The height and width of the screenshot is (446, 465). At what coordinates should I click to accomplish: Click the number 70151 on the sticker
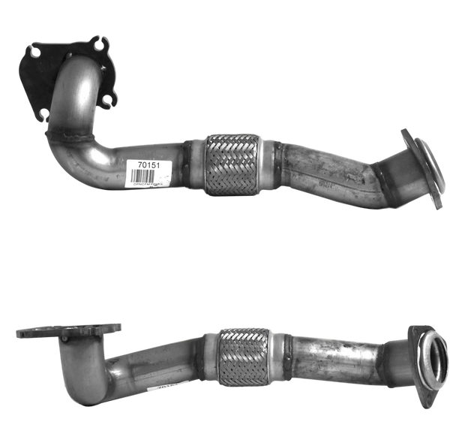tap(148, 165)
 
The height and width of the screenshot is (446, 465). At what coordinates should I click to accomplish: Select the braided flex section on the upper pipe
tap(232, 165)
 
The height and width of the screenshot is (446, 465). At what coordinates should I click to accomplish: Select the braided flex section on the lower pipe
tap(242, 357)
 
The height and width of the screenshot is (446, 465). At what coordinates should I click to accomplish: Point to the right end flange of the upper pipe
tap(424, 167)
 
